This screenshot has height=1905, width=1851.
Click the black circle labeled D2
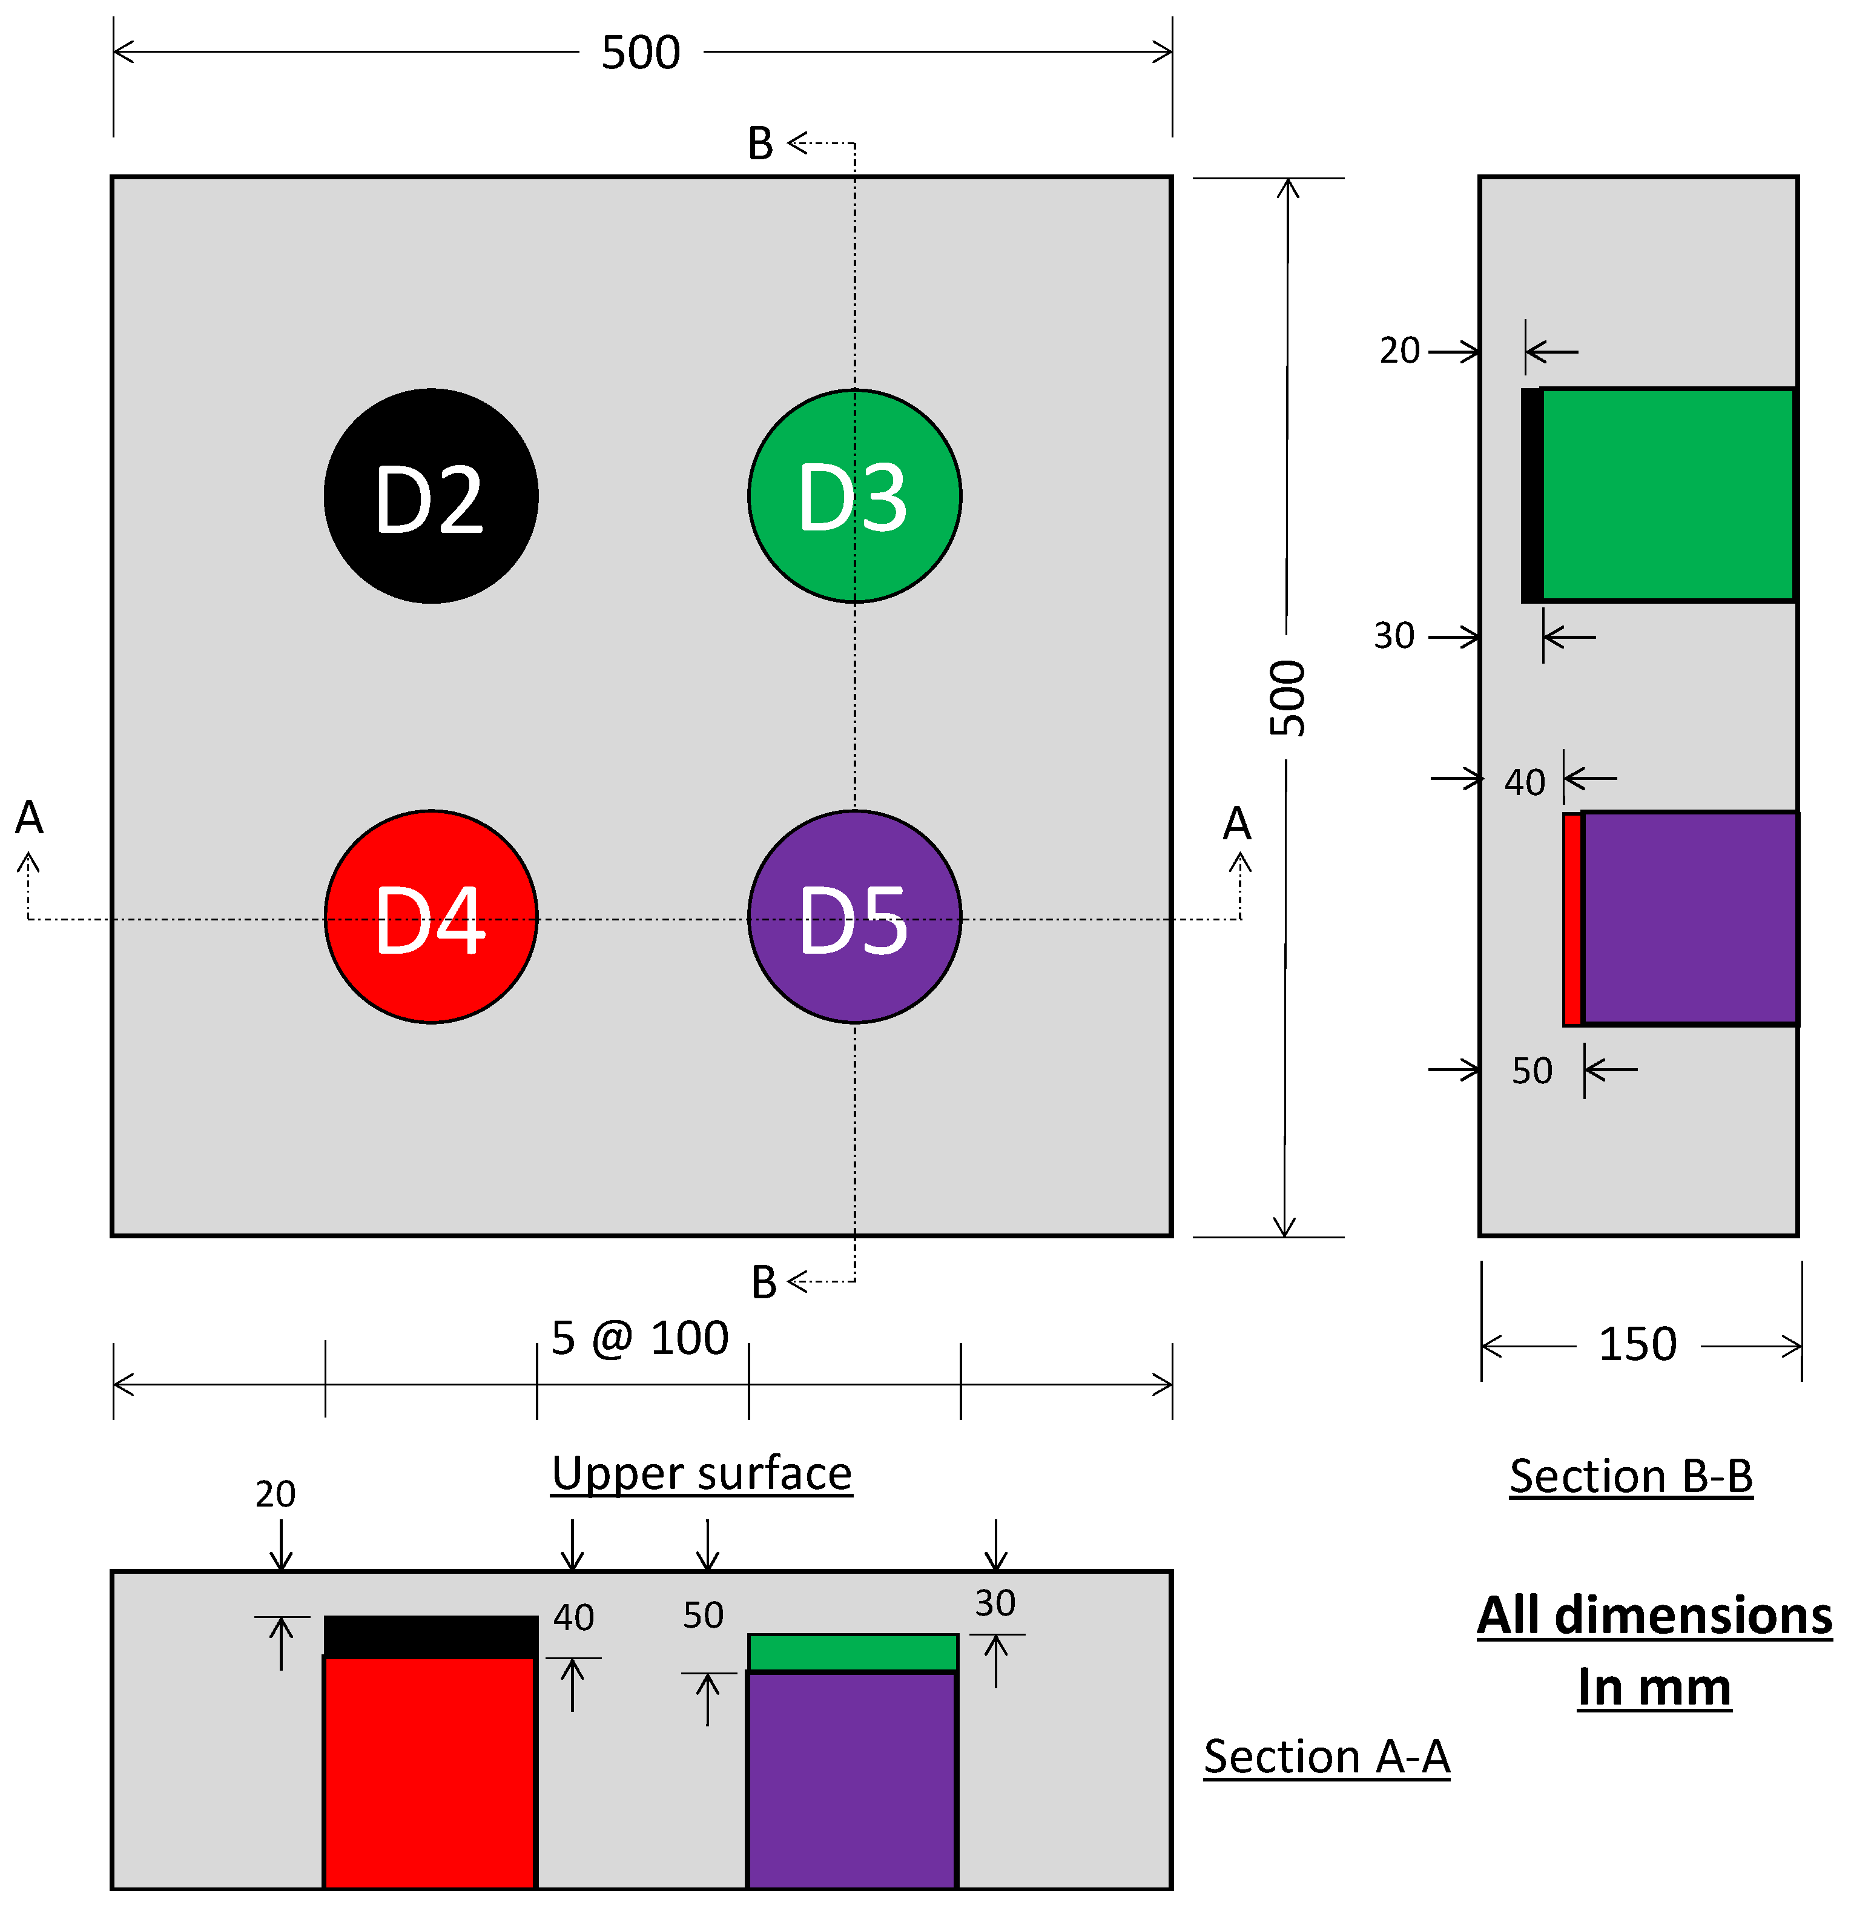tap(431, 496)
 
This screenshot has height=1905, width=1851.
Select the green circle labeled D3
tap(854, 496)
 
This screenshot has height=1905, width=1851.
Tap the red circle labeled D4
tap(431, 917)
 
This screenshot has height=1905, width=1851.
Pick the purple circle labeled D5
tap(854, 917)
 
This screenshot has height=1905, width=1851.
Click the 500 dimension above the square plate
tap(641, 53)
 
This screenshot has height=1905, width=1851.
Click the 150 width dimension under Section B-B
tap(1638, 1344)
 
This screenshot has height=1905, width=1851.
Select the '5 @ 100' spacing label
tap(639, 1338)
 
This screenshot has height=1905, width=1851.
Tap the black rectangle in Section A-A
tap(431, 1637)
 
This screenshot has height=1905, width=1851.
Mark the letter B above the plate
tap(761, 144)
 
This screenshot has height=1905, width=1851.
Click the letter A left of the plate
tap(29, 818)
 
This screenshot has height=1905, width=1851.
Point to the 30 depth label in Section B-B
tap(1394, 636)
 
